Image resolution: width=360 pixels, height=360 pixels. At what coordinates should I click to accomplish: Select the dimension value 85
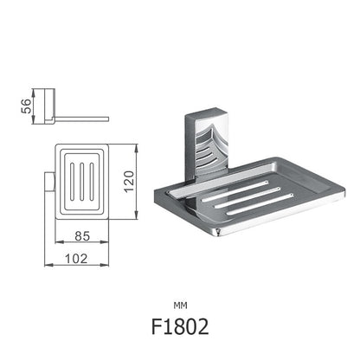click(x=82, y=235)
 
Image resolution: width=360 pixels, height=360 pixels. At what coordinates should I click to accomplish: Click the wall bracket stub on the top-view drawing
click(x=48, y=181)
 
